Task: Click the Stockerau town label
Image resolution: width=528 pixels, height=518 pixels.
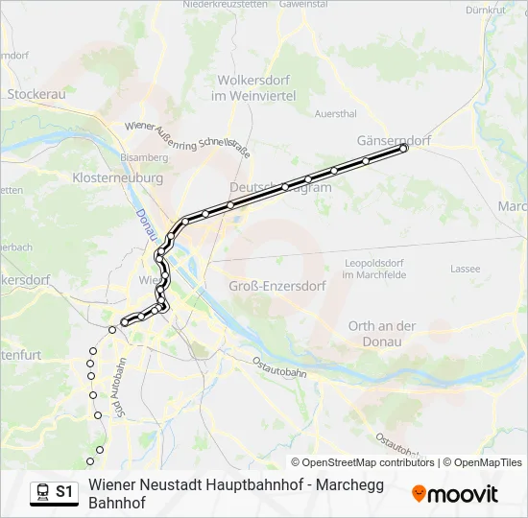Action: click(x=36, y=95)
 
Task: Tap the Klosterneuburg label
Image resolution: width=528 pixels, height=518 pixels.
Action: click(x=118, y=178)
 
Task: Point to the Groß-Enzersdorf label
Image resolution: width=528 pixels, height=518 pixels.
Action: click(x=277, y=286)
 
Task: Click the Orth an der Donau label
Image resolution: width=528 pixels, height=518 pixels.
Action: click(x=382, y=333)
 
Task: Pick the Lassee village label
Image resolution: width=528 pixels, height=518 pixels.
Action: click(x=465, y=269)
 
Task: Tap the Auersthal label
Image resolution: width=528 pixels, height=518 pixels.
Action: click(x=335, y=113)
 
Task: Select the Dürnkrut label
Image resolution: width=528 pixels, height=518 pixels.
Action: click(x=484, y=10)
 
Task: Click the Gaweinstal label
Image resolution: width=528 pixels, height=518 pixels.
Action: click(x=303, y=4)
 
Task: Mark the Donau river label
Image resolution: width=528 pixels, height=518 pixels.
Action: click(x=143, y=226)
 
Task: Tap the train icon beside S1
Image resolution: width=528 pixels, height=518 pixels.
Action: click(x=42, y=492)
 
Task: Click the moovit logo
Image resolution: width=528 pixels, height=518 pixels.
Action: click(x=455, y=494)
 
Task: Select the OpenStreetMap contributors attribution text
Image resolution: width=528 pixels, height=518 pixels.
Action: click(x=362, y=462)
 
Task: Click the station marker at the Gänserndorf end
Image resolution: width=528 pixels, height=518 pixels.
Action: click(x=404, y=149)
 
